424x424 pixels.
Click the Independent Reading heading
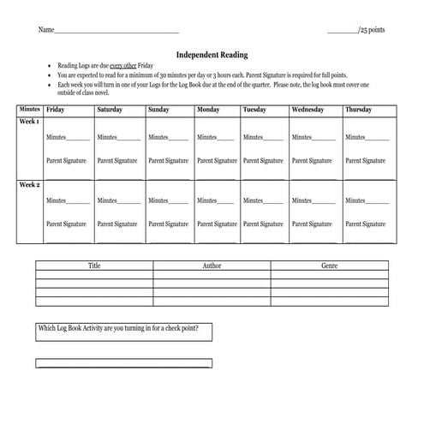pos(212,55)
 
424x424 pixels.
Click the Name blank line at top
pos(116,32)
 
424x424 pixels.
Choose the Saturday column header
pos(109,110)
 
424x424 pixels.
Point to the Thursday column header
pos(358,110)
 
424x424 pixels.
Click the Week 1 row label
pos(30,122)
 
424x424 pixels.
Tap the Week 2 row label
pos(30,184)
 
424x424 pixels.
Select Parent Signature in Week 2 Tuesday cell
pos(263,224)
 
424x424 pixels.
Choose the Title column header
pos(94,266)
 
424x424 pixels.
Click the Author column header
pos(212,266)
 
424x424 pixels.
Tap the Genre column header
pos(329,266)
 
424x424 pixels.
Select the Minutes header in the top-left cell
pos(30,110)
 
